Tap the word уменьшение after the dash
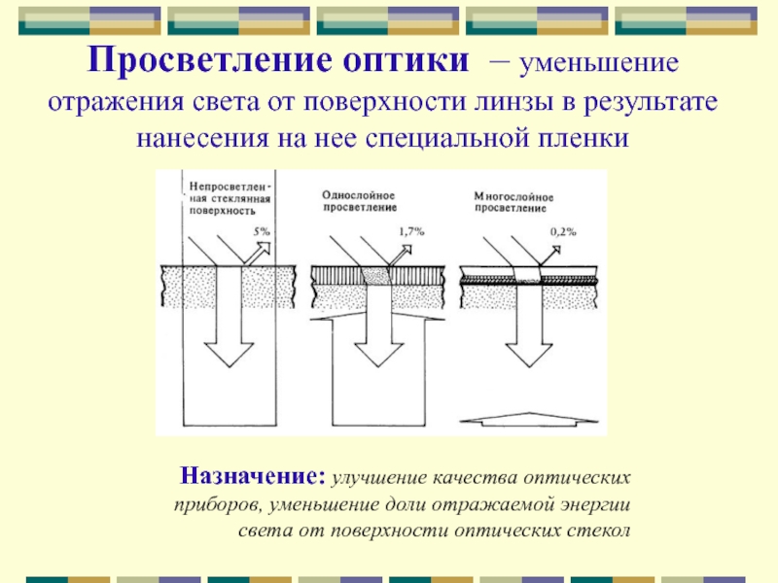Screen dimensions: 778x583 tap(599, 64)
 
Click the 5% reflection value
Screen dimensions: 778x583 tap(262, 231)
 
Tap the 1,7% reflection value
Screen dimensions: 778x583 tap(411, 231)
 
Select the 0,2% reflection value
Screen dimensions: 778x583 tap(563, 231)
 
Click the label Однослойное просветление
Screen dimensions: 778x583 tap(359, 201)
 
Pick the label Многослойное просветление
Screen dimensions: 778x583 tap(513, 202)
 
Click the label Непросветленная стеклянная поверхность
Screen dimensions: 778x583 tap(230, 199)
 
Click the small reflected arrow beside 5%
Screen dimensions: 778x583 tap(258, 254)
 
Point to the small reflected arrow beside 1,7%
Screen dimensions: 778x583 tap(401, 256)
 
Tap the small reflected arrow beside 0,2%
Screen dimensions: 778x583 tap(549, 257)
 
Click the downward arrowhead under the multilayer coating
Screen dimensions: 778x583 tap(529, 355)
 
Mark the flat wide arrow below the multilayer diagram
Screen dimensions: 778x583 tap(529, 420)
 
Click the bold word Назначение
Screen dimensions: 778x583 tap(253, 476)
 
